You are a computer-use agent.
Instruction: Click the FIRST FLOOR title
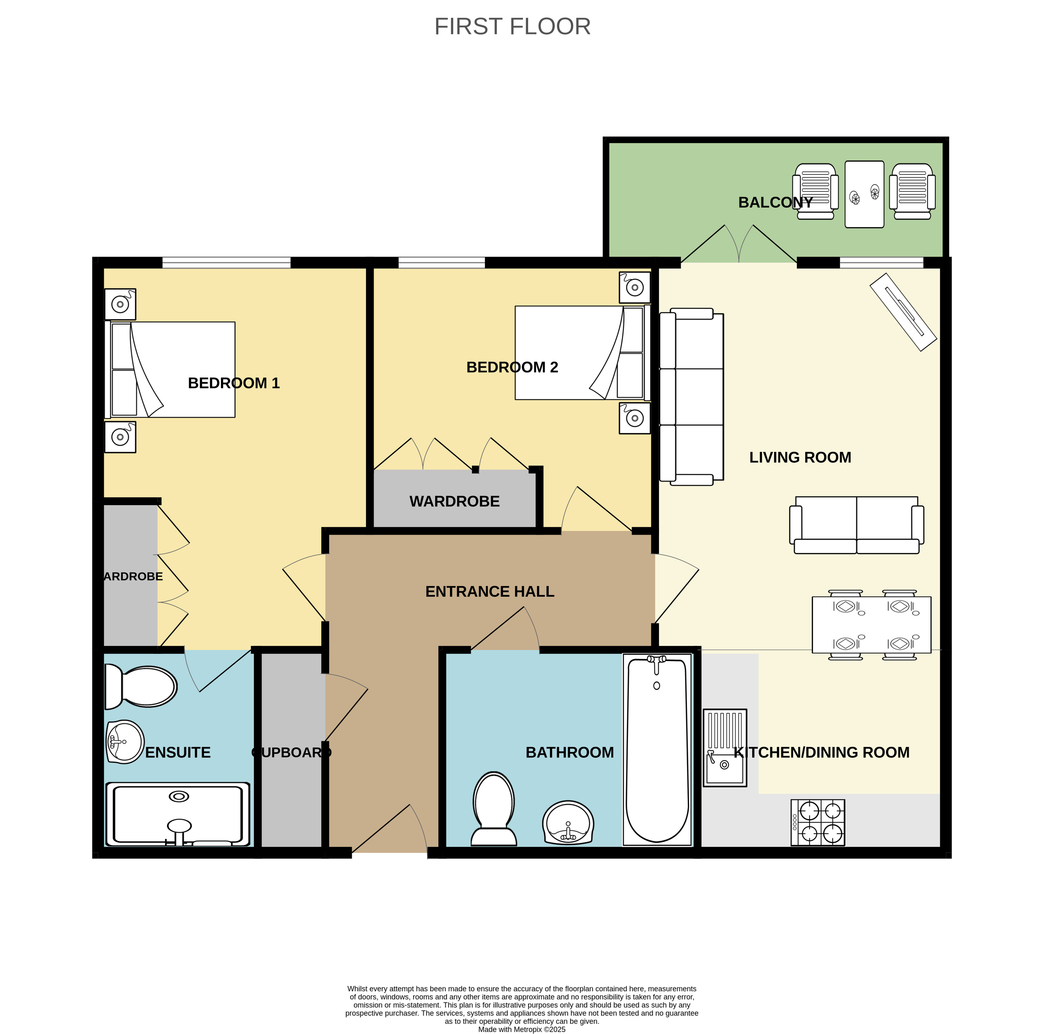click(512, 27)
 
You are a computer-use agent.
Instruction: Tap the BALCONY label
click(775, 203)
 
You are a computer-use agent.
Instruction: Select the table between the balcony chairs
click(864, 195)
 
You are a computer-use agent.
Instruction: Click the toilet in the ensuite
click(140, 686)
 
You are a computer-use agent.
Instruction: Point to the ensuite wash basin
click(125, 742)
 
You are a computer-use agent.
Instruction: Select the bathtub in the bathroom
click(657, 750)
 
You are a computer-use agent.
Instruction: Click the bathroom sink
click(568, 822)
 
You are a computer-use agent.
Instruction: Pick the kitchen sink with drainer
click(725, 748)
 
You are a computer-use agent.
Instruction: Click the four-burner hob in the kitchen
click(818, 822)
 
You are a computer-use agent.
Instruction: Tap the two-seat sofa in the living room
click(856, 525)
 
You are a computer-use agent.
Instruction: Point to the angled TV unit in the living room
click(903, 312)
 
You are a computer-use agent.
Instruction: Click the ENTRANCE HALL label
click(490, 592)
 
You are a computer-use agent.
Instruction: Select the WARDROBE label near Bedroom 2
click(454, 502)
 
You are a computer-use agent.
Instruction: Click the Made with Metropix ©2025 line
click(522, 1030)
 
